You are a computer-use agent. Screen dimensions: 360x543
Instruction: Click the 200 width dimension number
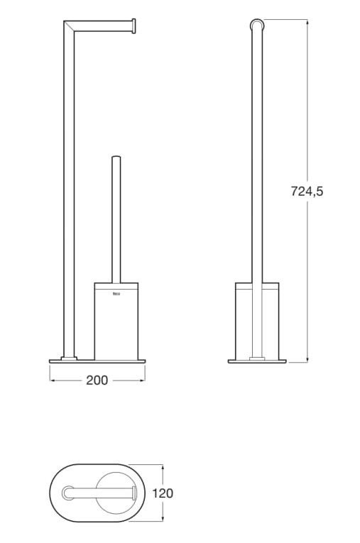point(97,380)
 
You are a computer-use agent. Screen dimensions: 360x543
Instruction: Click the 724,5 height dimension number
point(307,191)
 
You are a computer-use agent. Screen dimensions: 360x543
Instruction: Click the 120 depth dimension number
point(163,493)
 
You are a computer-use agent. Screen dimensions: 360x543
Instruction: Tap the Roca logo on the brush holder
point(116,295)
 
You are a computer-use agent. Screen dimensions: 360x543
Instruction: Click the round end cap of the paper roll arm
point(133,26)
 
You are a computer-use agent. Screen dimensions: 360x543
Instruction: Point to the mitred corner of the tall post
point(69,26)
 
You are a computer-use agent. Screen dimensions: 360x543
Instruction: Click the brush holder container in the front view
point(116,322)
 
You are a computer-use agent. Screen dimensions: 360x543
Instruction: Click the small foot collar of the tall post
point(69,358)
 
